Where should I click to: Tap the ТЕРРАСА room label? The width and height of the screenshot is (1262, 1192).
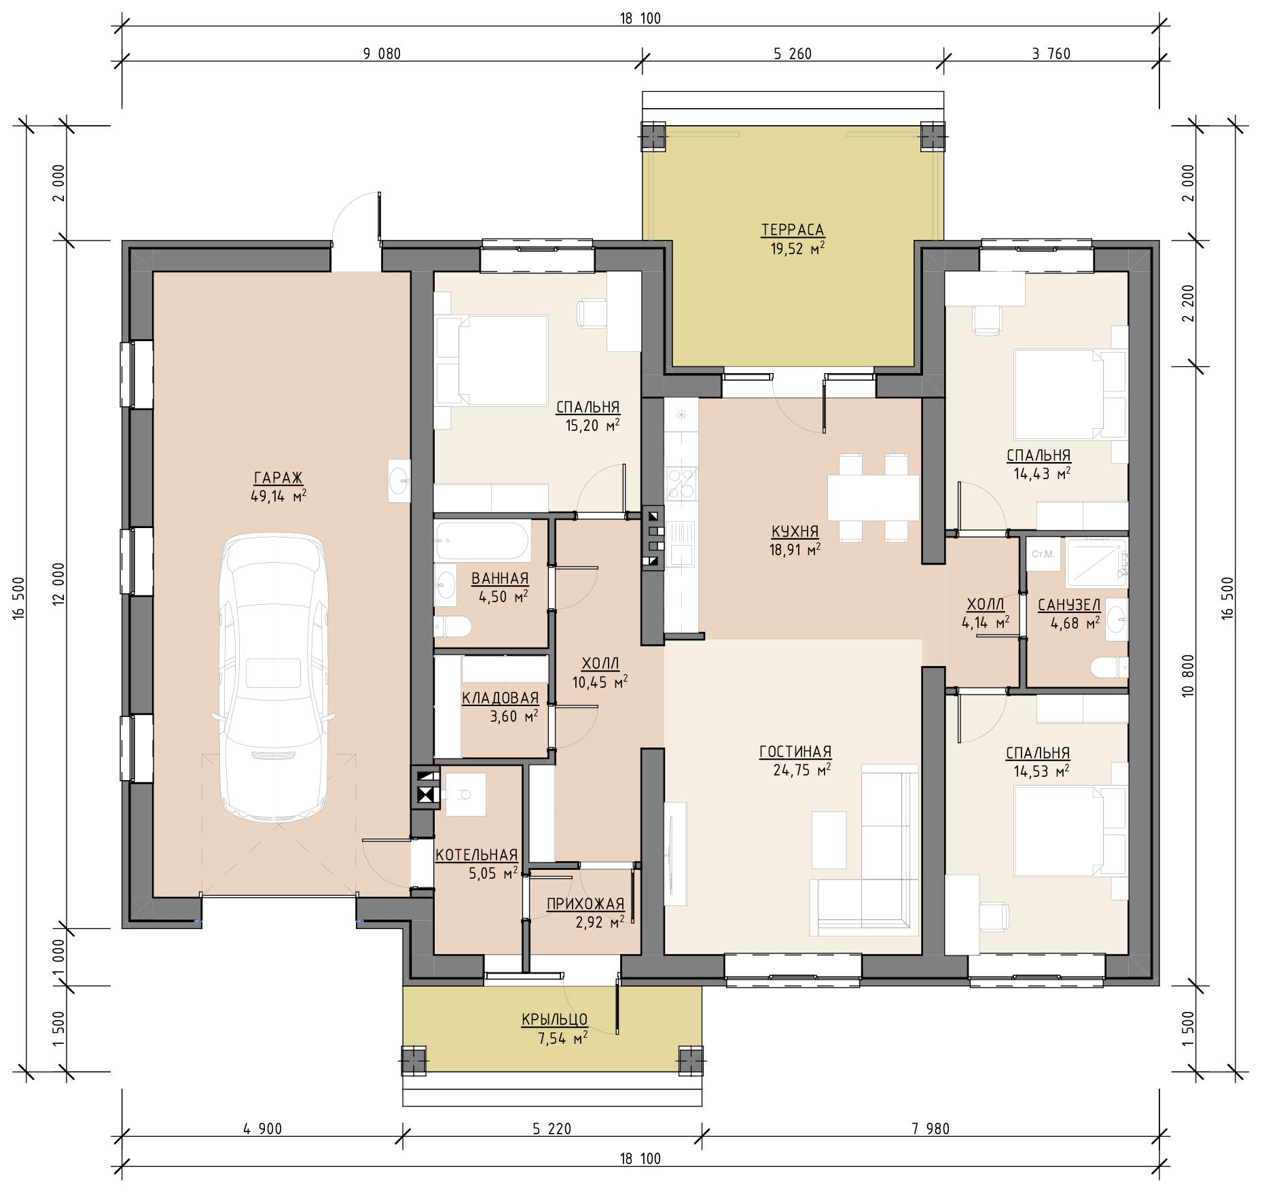coord(793,230)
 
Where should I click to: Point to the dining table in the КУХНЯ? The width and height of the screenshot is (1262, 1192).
coord(873,497)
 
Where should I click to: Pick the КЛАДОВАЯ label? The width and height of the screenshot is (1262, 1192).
coord(501,698)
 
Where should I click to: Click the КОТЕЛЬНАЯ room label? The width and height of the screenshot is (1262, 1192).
coord(476,855)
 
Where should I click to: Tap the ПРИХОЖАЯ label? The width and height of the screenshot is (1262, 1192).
coord(585,904)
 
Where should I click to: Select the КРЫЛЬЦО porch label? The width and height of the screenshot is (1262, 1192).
coord(554,1019)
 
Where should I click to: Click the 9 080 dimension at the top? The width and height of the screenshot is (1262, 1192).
coord(382,54)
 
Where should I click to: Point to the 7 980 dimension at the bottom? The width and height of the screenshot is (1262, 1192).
coord(931,1129)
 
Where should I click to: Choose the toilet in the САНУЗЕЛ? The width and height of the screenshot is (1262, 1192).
coord(1109,667)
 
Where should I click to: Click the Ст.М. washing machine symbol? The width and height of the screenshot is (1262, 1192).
coord(1043,554)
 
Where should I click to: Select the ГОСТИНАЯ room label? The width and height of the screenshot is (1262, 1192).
coord(795,752)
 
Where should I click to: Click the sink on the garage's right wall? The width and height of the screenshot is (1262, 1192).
coord(399,481)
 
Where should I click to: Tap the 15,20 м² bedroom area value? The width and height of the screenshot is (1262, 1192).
coord(592,425)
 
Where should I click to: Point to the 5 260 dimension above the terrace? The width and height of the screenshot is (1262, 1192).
coord(793,54)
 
